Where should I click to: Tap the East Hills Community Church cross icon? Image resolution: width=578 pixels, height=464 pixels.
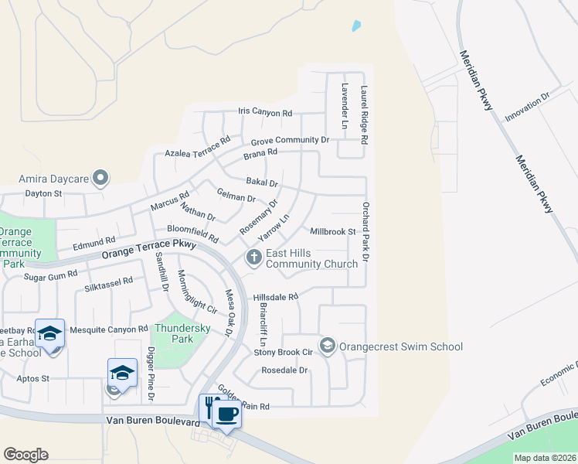pyautogui.click(x=253, y=258)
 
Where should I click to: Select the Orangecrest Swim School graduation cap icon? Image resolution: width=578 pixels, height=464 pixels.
pyautogui.click(x=327, y=345)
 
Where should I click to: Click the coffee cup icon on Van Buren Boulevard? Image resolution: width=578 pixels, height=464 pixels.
pyautogui.click(x=226, y=414)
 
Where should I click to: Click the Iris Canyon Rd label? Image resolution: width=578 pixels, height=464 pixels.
pyautogui.click(x=265, y=113)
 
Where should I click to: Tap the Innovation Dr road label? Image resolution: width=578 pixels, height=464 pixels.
pyautogui.click(x=527, y=107)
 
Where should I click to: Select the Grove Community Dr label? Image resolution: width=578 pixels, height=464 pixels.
pyautogui.click(x=290, y=140)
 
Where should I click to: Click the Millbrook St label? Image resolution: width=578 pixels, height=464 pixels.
pyautogui.click(x=332, y=231)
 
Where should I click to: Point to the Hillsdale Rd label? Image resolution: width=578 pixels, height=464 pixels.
pyautogui.click(x=276, y=297)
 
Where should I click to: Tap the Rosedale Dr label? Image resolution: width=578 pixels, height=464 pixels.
pyautogui.click(x=285, y=370)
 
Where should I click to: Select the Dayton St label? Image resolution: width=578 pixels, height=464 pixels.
pyautogui.click(x=43, y=193)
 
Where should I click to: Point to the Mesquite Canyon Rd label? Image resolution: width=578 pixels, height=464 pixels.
pyautogui.click(x=108, y=329)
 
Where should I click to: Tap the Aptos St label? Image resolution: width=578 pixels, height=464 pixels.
pyautogui.click(x=35, y=379)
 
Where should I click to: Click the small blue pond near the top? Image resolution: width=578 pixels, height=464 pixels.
pyautogui.click(x=356, y=26)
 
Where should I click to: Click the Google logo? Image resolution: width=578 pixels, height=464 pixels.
pyautogui.click(x=25, y=455)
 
